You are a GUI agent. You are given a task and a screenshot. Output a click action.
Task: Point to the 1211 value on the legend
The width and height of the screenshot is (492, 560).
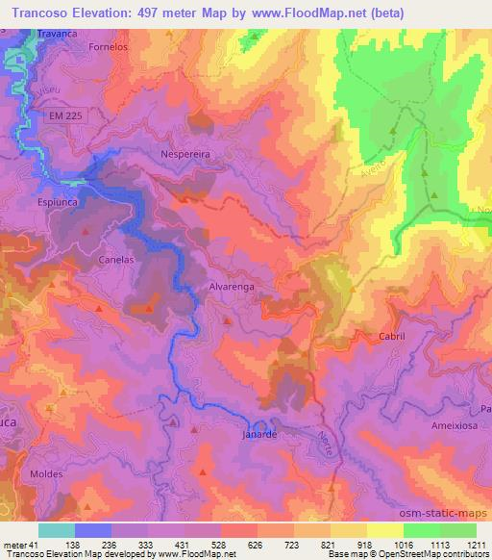(x=462, y=544)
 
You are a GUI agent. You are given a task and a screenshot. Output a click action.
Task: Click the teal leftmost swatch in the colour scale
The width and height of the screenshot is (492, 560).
(x=57, y=530)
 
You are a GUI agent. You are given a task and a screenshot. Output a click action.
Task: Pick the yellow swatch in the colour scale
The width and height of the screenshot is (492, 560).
(x=385, y=530)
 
